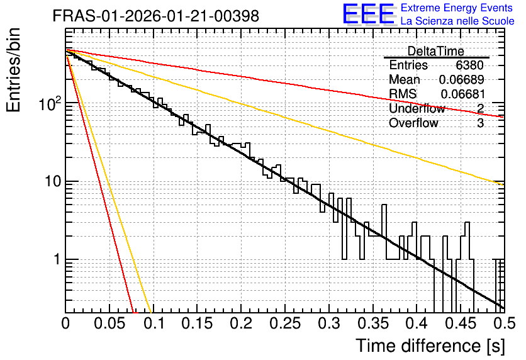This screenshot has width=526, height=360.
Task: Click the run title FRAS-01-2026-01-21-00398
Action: click(155, 16)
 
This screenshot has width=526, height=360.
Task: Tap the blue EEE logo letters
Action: click(368, 14)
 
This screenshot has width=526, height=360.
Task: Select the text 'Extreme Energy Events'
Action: click(457, 8)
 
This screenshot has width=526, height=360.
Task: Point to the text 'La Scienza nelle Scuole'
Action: click(457, 21)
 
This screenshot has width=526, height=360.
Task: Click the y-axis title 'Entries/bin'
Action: click(13, 70)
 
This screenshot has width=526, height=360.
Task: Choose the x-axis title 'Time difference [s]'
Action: click(430, 346)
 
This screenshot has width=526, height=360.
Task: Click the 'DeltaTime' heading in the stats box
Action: click(436, 51)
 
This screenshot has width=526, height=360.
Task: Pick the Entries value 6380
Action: click(469, 65)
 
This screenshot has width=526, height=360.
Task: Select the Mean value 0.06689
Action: click(461, 79)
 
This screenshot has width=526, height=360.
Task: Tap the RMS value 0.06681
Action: click(462, 94)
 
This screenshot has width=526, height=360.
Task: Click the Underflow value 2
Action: click(480, 108)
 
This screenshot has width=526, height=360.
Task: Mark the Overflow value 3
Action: click(480, 123)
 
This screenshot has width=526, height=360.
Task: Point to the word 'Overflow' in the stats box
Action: click(413, 123)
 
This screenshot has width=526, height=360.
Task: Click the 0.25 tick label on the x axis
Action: click(285, 323)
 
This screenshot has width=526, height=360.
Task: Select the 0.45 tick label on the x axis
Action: click(461, 323)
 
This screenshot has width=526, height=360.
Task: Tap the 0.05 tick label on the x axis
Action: click(109, 323)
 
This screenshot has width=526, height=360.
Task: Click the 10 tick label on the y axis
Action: click(53, 181)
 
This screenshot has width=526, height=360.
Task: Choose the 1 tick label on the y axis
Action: click(57, 259)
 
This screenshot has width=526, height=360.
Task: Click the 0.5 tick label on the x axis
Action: click(504, 323)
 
